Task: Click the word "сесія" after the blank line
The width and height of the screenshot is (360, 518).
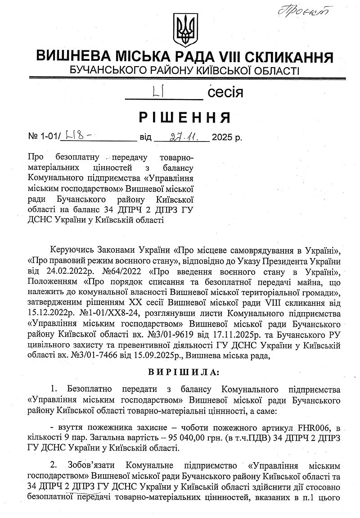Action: (x=225, y=93)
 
